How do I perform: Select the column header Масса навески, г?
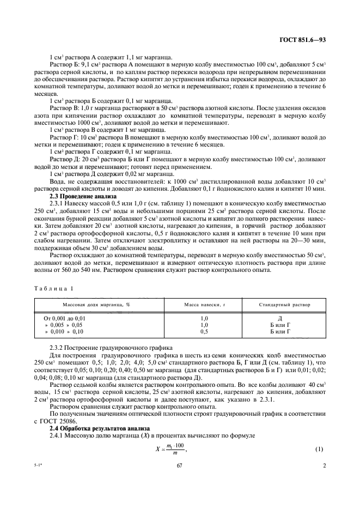point(205,305)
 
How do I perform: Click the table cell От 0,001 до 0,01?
point(65,317)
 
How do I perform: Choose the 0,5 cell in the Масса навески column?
point(205,331)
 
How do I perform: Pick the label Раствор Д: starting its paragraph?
point(65,159)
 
